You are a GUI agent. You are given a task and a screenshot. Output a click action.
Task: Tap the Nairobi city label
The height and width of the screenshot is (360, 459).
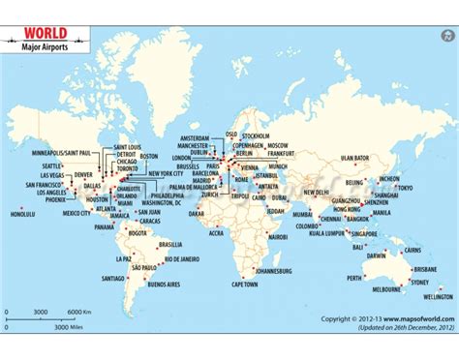coord(277,236)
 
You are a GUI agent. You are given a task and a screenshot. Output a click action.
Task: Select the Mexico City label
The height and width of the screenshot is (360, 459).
coord(77,213)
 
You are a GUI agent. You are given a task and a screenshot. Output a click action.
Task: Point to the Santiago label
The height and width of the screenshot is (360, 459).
coord(112,278)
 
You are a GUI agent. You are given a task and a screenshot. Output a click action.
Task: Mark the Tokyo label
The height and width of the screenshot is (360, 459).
coord(404,187)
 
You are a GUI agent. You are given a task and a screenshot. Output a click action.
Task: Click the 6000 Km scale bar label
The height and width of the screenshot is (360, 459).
coord(78,311)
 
